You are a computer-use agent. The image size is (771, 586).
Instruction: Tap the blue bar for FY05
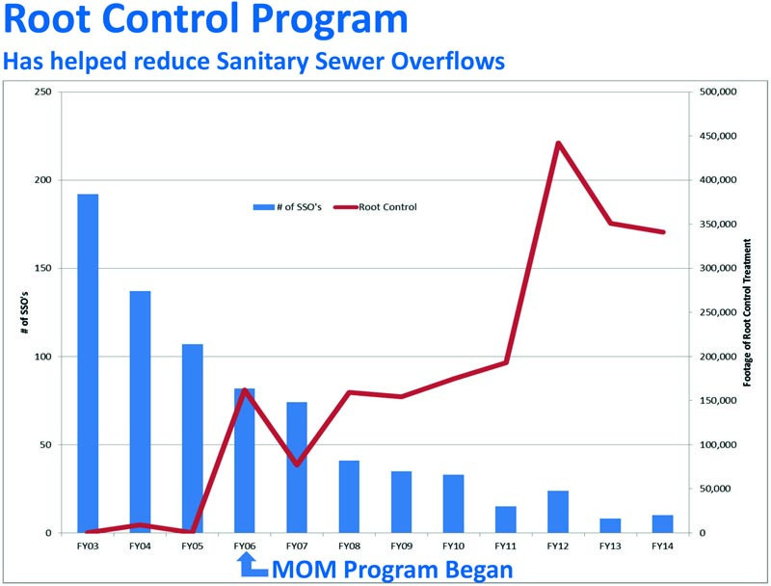click(x=193, y=439)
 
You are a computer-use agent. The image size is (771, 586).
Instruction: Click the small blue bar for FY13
click(x=610, y=525)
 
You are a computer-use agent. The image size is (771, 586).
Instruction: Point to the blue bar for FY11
click(x=506, y=519)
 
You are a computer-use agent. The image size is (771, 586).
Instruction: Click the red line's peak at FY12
click(x=558, y=144)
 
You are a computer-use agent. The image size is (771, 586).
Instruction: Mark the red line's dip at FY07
click(x=297, y=465)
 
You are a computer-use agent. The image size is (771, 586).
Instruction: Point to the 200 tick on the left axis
click(x=41, y=180)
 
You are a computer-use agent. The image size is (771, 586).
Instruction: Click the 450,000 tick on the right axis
click(x=716, y=136)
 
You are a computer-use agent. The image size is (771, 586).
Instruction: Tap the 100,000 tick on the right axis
click(x=716, y=445)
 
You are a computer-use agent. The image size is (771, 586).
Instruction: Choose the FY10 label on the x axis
click(x=454, y=546)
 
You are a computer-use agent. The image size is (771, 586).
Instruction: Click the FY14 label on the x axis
click(x=662, y=546)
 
